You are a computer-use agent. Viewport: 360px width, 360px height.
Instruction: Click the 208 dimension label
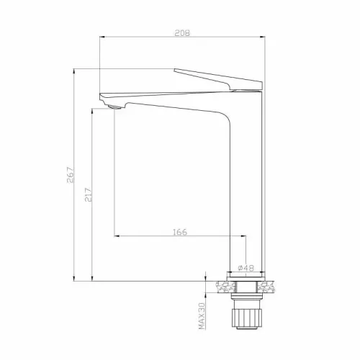(182, 33)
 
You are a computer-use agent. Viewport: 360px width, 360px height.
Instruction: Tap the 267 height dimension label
(71, 174)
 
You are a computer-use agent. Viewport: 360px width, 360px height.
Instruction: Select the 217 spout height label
(89, 194)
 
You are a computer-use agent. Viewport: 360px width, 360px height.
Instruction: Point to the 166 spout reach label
(180, 232)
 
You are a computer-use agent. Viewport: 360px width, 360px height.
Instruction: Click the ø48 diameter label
(246, 268)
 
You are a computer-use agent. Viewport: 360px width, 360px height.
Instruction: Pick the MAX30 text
(202, 315)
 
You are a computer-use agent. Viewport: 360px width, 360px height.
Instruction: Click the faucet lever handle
(218, 80)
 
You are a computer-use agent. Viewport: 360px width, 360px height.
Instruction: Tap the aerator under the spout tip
(114, 107)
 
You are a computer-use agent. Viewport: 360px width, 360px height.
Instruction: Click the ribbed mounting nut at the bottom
(246, 318)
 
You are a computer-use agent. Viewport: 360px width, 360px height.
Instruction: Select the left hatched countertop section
(225, 287)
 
